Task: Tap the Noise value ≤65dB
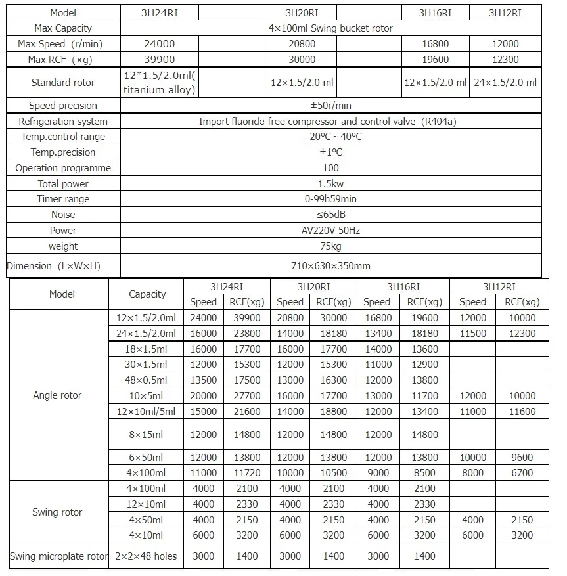330,215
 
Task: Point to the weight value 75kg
330,246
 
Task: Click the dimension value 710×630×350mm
330,266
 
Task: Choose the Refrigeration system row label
63,122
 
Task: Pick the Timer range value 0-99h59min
330,199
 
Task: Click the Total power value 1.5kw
330,184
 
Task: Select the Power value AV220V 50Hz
330,231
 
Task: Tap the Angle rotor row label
57,395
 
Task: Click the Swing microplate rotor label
58,556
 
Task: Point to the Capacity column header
147,294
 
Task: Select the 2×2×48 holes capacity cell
147,556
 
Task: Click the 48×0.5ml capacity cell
147,380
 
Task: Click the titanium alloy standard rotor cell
160,83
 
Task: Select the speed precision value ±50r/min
330,106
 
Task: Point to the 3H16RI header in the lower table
403,286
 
